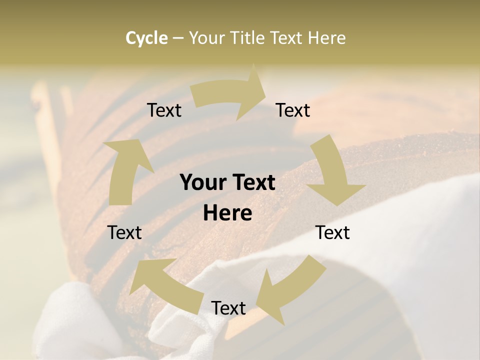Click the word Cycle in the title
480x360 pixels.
click(x=146, y=38)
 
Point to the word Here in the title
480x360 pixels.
click(x=326, y=38)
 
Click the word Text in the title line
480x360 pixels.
click(x=287, y=38)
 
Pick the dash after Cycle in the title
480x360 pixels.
click(x=177, y=38)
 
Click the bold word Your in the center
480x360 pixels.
click(x=202, y=183)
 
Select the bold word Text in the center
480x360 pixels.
click(x=252, y=183)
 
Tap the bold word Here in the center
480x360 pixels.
click(x=227, y=213)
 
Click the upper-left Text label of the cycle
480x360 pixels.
click(x=164, y=110)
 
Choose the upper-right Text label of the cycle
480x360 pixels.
click(x=293, y=110)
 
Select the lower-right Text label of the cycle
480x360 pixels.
click(x=332, y=232)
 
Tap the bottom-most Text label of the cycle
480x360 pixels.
click(x=228, y=308)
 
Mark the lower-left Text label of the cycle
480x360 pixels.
click(x=124, y=232)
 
